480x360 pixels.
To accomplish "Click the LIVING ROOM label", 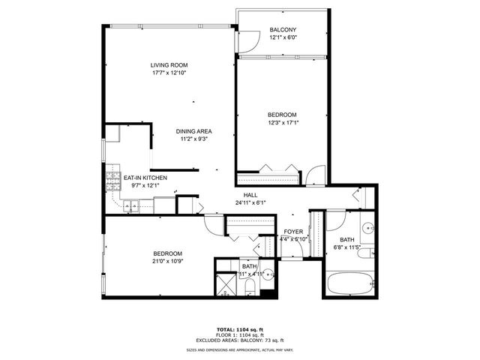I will pos(167,65).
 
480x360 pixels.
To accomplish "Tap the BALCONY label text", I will pos(283,30).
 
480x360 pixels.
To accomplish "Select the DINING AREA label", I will pos(193,130).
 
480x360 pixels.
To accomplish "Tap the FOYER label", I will pos(293,232).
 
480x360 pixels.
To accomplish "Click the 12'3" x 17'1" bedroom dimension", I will pos(283,123).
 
